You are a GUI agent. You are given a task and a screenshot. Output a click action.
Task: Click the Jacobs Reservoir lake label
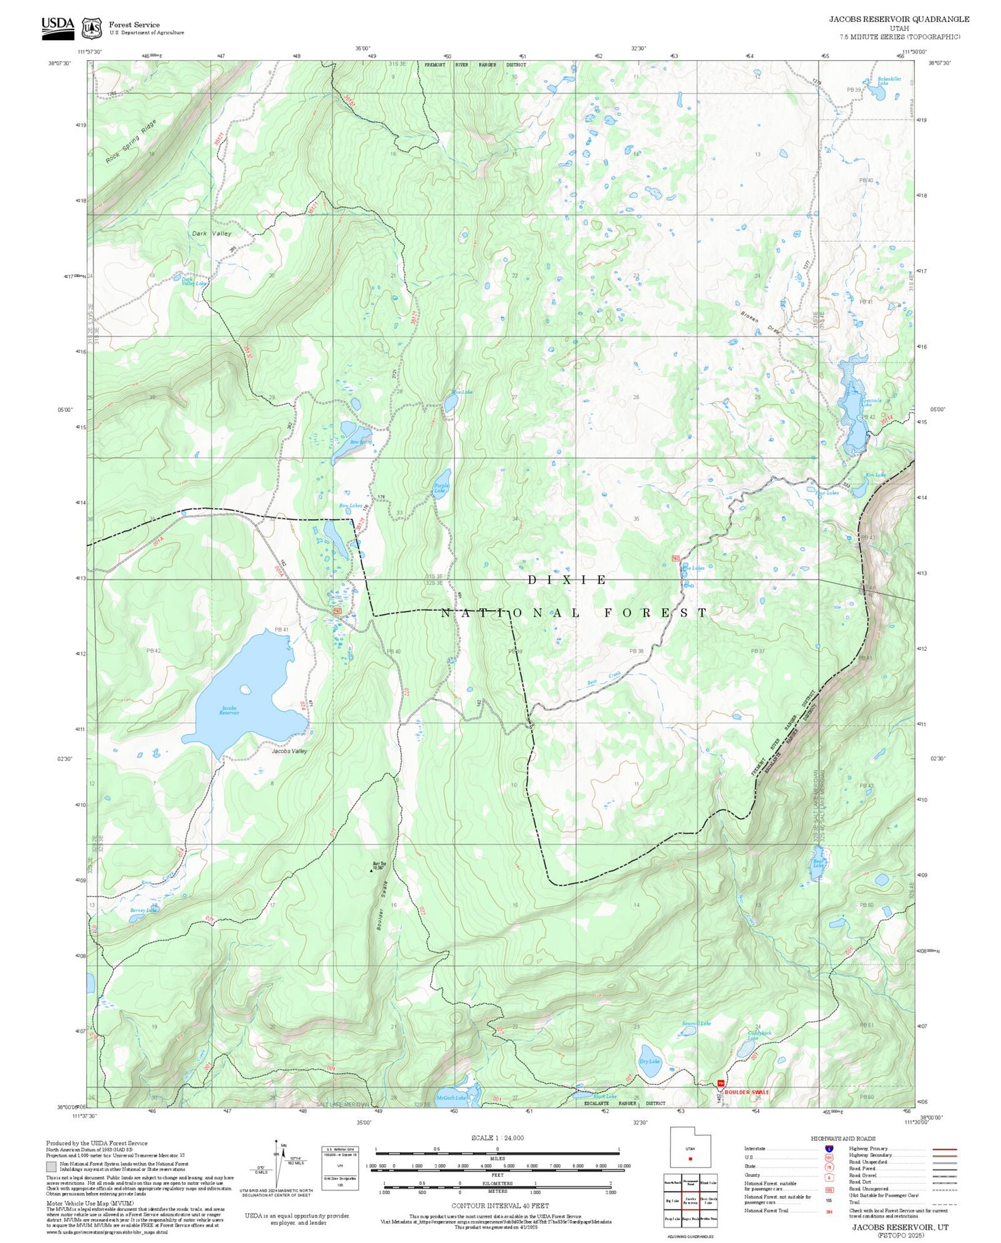tap(229, 711)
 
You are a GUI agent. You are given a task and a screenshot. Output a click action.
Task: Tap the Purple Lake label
tap(440, 489)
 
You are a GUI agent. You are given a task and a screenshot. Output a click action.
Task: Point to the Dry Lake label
tap(649, 1061)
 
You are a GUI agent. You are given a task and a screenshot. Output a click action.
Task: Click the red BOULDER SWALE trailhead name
tap(747, 1092)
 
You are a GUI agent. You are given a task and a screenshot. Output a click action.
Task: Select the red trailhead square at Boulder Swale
tap(720, 1083)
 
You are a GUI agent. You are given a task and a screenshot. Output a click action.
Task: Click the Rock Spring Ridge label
tap(131, 142)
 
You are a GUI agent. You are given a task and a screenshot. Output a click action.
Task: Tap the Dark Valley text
tap(212, 234)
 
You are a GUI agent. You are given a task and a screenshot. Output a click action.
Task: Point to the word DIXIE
tap(567, 580)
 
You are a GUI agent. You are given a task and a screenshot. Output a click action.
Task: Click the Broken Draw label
tap(760, 324)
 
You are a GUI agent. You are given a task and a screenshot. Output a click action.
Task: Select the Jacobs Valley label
tap(289, 751)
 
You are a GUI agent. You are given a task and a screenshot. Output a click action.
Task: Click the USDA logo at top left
tap(58, 27)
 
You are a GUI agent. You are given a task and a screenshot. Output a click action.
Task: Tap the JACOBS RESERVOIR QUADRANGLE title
tap(899, 19)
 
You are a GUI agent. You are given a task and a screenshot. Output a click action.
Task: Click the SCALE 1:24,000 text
tap(497, 1138)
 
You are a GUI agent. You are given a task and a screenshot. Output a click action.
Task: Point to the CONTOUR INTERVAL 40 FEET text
tap(500, 1206)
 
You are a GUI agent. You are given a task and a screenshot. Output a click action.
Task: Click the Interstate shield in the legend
tap(829, 1149)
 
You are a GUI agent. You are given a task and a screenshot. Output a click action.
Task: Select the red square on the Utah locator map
tap(690, 1158)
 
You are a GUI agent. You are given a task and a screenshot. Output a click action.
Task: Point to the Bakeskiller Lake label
tap(889, 81)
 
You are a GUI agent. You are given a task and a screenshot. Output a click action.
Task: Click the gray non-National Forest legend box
tap(51, 1167)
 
